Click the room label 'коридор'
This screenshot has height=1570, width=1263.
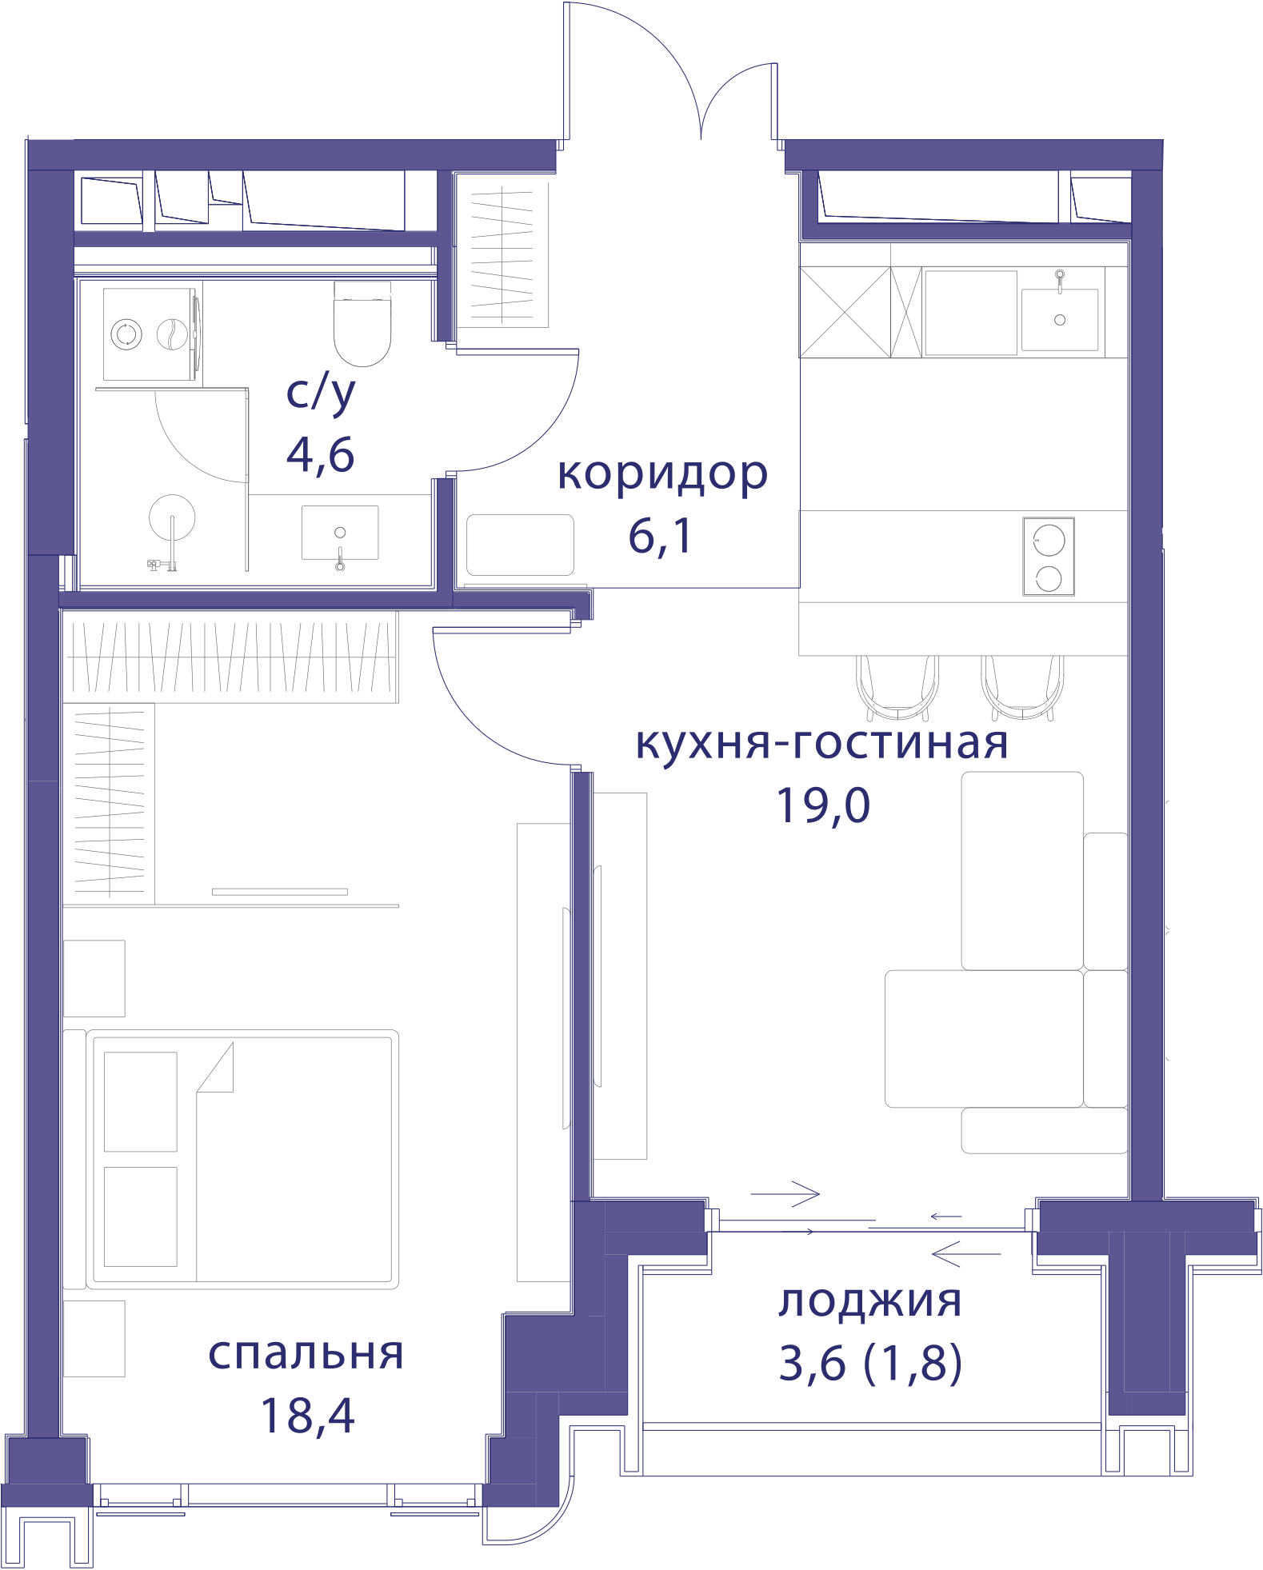point(662,475)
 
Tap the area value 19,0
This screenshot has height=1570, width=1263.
point(823,805)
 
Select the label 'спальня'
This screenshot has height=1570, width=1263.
point(306,1353)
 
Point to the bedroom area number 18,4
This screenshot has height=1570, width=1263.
point(307,1416)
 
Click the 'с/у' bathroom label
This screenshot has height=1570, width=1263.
point(321,393)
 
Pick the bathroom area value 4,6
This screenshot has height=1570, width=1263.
point(320,455)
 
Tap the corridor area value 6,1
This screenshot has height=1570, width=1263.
point(660,536)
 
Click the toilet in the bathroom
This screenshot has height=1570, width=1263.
point(362,324)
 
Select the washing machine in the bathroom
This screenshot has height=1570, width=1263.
point(151,334)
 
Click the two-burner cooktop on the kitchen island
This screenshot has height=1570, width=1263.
point(1049,556)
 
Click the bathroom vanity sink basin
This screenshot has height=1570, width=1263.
point(340,533)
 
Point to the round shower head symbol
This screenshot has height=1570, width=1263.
point(172,518)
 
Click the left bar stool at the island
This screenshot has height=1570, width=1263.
point(897,688)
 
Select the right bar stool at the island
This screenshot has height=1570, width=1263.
point(1022,688)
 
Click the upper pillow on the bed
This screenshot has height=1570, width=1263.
point(141,1101)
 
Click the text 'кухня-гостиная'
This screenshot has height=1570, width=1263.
point(821,742)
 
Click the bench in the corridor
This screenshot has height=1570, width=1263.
point(520,545)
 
